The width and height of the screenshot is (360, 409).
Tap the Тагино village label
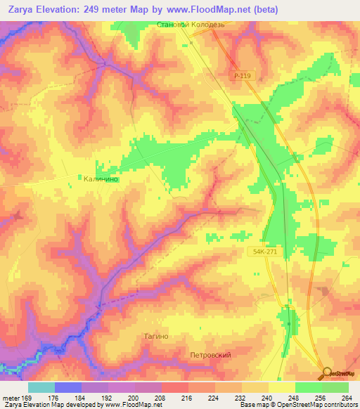[x=156, y=337]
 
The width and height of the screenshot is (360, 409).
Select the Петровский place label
[x=210, y=355]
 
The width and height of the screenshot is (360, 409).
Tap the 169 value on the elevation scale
[x=27, y=397]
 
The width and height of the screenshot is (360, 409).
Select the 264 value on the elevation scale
[x=347, y=397]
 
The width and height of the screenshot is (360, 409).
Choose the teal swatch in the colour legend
[x=41, y=387]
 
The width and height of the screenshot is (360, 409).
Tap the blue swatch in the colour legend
[x=67, y=387]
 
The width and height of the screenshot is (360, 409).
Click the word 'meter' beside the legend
[x=11, y=397]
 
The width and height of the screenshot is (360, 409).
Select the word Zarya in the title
[x=27, y=10]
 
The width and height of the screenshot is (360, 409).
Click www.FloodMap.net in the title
[x=214, y=10]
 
